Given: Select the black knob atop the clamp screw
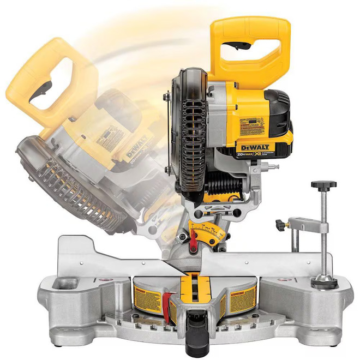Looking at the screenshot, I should point(323,185).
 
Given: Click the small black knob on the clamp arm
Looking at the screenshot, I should point(281,224).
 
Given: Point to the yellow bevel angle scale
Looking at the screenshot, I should point(207,231).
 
